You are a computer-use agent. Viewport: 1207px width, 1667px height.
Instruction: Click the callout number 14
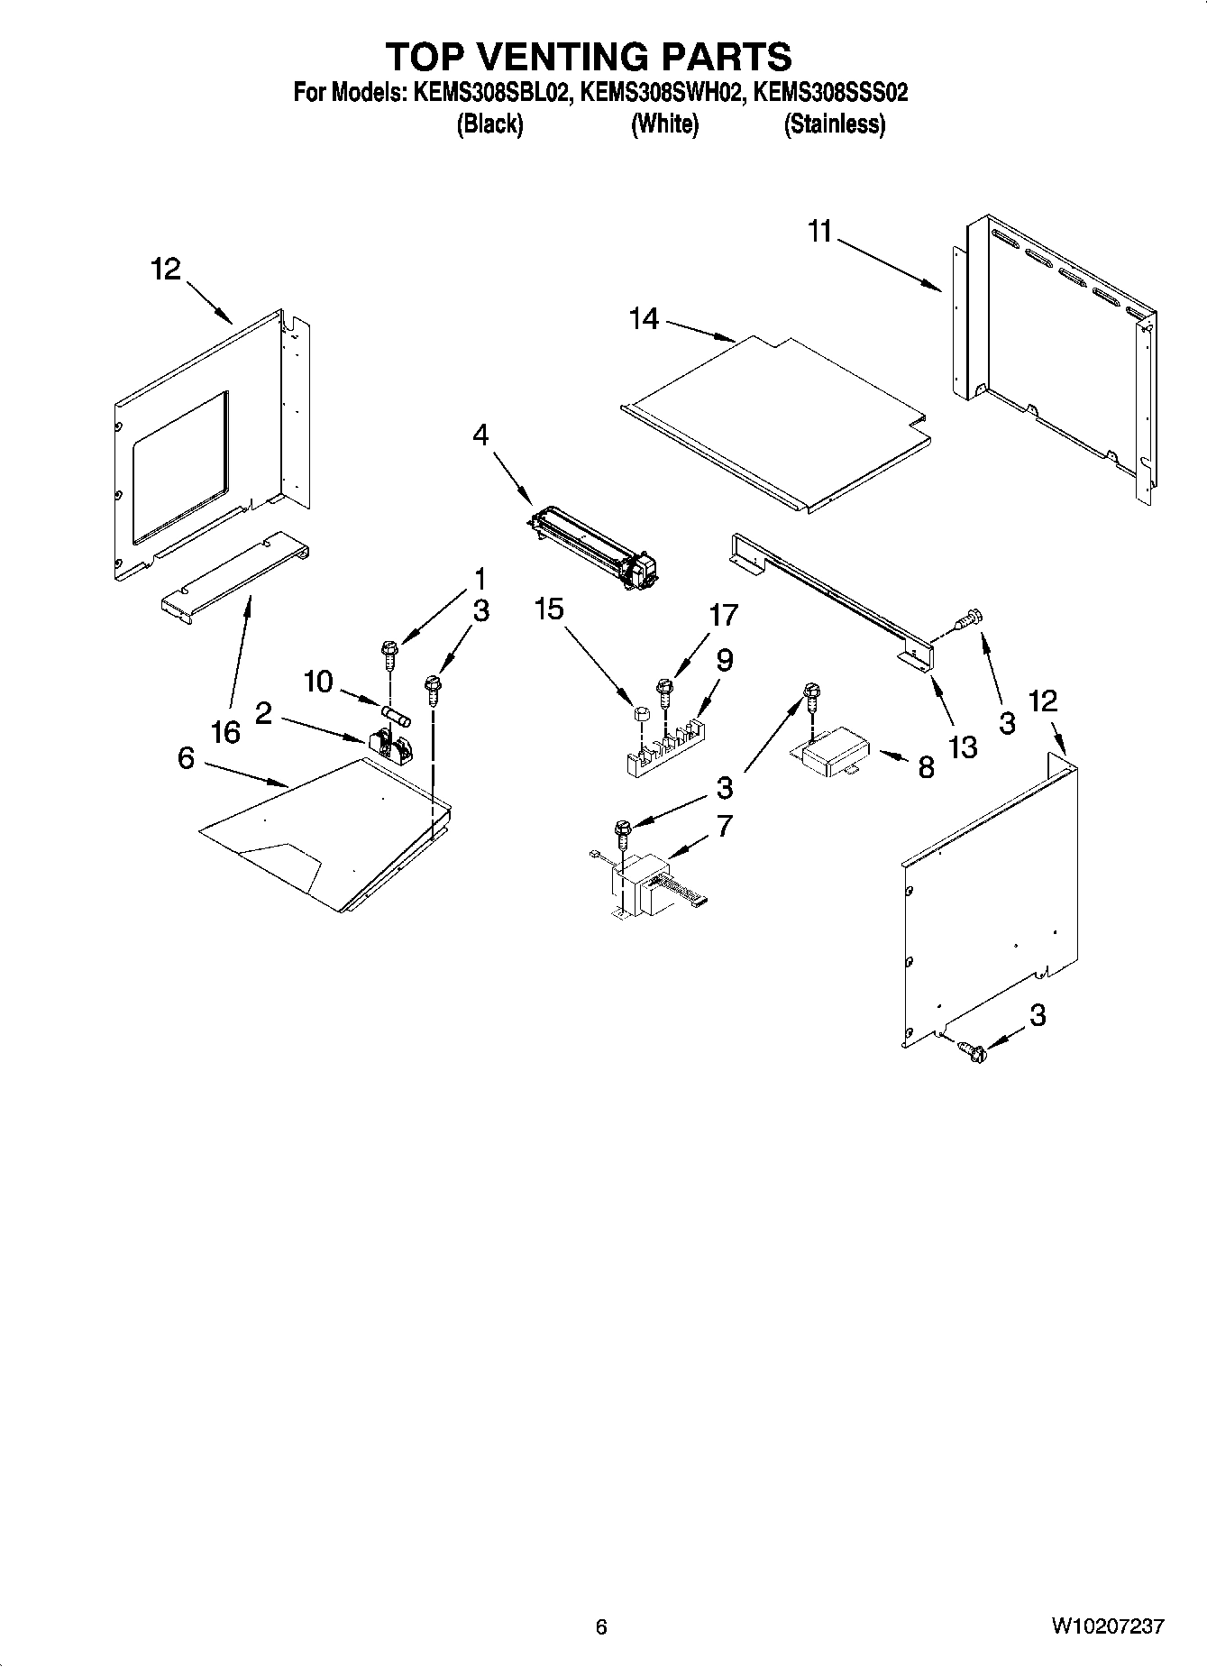(644, 319)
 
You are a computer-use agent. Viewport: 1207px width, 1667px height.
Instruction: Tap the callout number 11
(818, 232)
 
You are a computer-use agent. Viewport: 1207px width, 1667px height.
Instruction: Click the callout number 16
(225, 732)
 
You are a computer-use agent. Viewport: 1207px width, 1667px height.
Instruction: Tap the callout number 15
(548, 609)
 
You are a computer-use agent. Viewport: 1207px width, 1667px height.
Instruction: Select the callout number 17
(723, 615)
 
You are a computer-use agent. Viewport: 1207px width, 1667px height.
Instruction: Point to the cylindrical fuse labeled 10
(397, 717)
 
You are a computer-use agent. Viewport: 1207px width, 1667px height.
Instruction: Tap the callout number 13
(963, 746)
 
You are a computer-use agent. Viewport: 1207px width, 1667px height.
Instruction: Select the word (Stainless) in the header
(834, 124)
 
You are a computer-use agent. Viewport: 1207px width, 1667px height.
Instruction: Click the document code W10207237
(1106, 1626)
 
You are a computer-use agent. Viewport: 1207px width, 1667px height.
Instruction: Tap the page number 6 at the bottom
(601, 1626)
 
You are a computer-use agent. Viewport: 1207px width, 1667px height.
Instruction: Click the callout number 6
(186, 758)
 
